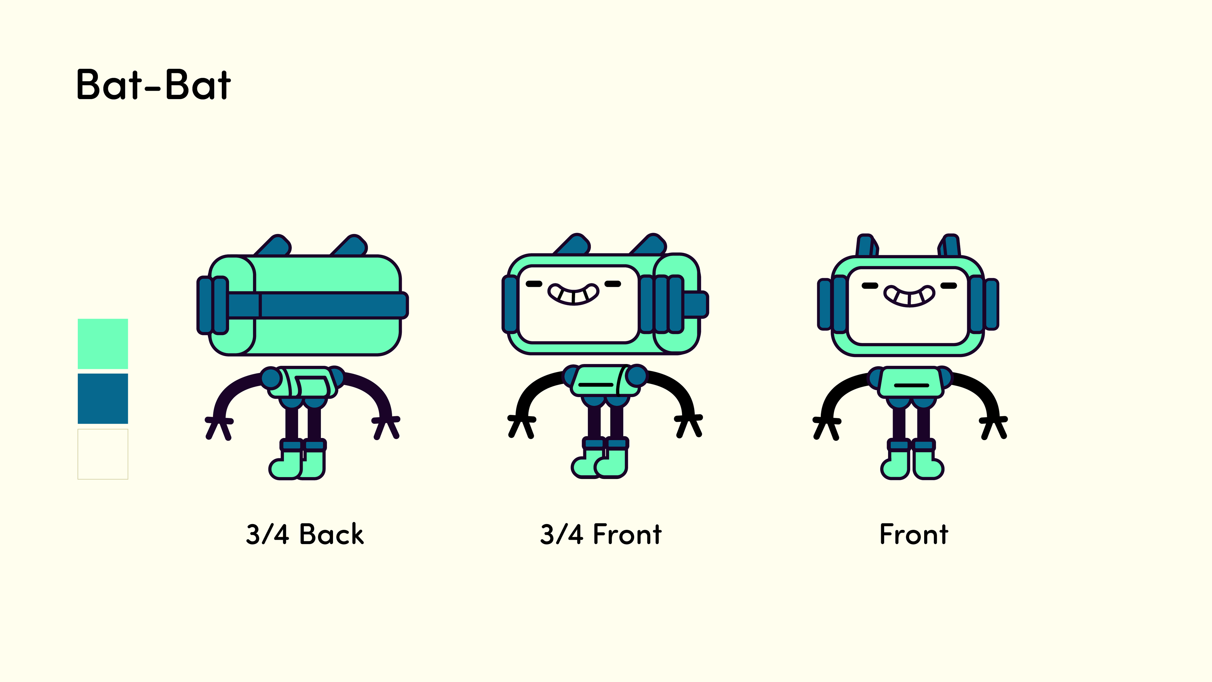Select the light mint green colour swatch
[103, 344]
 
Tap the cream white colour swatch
[103, 454]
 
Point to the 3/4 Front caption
[601, 534]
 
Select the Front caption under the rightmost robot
[914, 534]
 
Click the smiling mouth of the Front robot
[909, 296]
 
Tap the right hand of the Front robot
[994, 426]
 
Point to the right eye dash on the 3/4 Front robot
[613, 284]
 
